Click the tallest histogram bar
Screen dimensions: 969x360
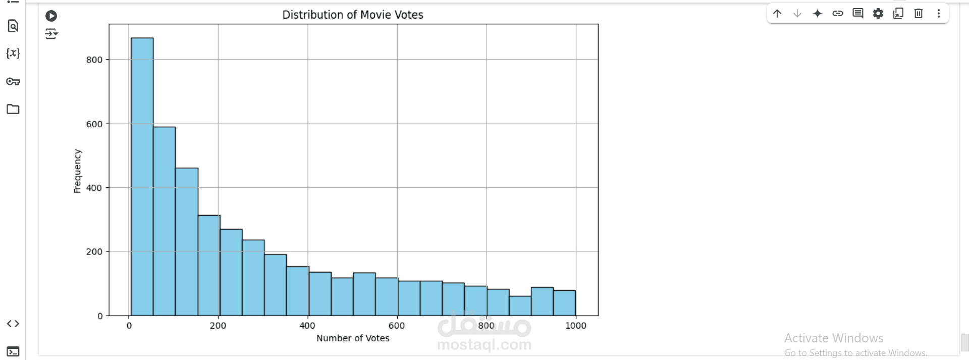tap(142, 177)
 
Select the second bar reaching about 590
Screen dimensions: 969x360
tap(165, 221)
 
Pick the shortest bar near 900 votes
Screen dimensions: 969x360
tap(520, 306)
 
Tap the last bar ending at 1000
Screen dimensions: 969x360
tap(564, 303)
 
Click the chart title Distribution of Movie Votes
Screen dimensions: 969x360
tap(353, 15)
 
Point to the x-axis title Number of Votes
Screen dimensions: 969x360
tap(353, 338)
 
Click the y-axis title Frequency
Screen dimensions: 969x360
tap(77, 171)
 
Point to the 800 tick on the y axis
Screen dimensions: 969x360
tap(94, 60)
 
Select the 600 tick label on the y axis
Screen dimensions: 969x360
tap(94, 124)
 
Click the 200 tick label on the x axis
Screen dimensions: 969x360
tap(218, 326)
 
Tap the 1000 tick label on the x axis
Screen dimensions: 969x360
tap(576, 326)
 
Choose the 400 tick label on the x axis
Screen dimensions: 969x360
tap(307, 326)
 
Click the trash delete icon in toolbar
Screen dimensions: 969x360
tap(919, 14)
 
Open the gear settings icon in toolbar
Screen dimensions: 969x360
tap(878, 14)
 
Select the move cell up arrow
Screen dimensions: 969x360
tap(777, 14)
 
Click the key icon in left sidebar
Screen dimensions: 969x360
tap(13, 81)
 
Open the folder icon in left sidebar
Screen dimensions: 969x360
tap(13, 109)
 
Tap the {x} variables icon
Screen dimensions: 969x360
tap(13, 53)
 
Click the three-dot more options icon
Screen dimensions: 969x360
tap(939, 14)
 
